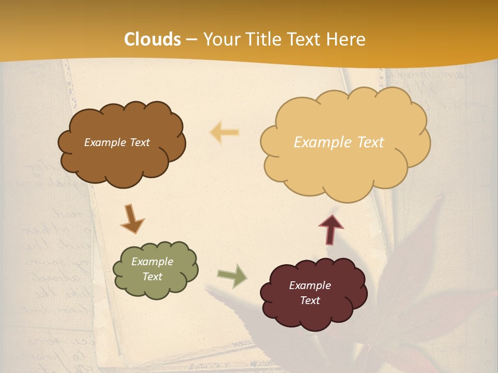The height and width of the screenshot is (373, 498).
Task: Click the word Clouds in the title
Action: (153, 39)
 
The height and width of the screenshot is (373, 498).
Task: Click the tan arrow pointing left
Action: (225, 133)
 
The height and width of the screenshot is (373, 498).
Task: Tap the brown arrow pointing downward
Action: (132, 219)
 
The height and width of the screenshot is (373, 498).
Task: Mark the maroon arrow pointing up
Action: (331, 229)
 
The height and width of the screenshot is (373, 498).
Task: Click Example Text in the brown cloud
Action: (117, 142)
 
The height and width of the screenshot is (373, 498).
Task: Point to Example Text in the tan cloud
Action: (339, 142)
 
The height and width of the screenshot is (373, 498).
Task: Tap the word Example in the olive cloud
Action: (152, 262)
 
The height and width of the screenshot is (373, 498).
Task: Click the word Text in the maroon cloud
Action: (310, 300)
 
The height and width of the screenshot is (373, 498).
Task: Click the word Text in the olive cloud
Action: (153, 277)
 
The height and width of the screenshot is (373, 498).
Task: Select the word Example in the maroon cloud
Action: (310, 285)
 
